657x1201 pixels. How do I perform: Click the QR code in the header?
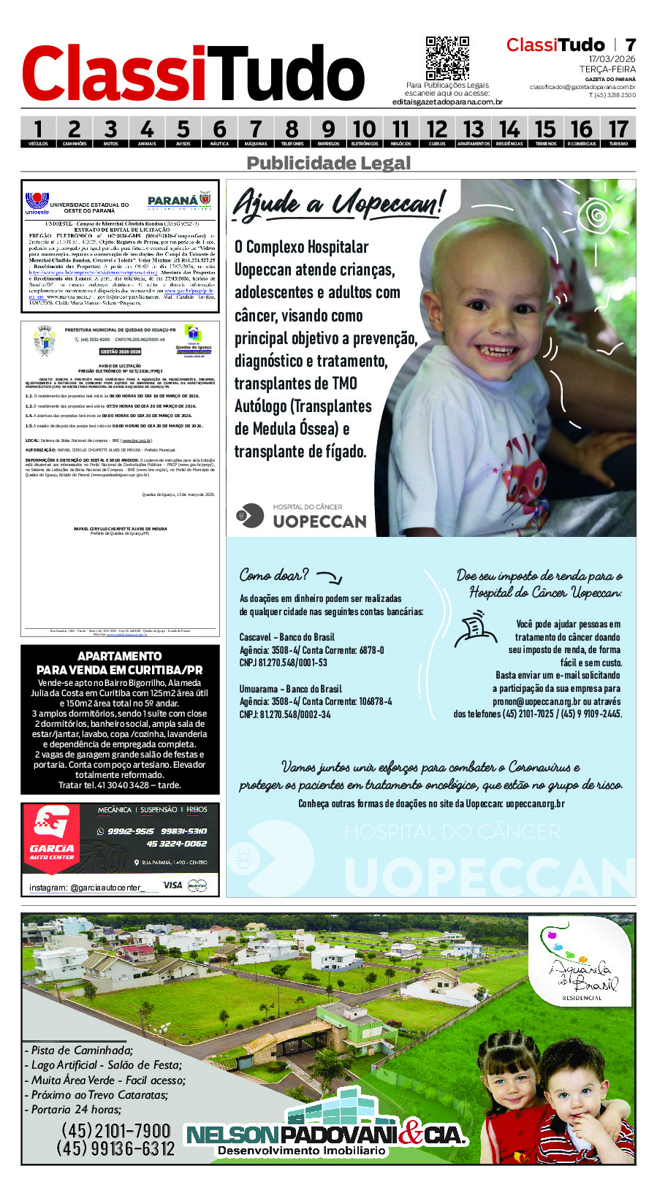pos(447,58)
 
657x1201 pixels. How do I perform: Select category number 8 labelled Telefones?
pos(292,131)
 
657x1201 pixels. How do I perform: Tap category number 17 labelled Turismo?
pos(618,131)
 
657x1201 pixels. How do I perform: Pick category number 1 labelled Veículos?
pos(38,131)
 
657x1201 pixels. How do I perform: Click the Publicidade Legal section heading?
pos(328,163)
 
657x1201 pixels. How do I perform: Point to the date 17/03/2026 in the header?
pos(612,59)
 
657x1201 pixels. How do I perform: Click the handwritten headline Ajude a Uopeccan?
pos(338,203)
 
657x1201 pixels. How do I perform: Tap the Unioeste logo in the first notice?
pos(37,203)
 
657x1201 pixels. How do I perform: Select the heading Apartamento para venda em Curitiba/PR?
pos(120,663)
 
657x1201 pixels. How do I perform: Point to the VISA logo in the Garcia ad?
pos(172,885)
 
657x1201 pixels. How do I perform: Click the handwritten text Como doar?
pos(274,576)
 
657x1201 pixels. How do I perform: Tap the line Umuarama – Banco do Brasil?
pos(290,689)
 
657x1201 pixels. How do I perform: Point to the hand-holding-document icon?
pos(475,630)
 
